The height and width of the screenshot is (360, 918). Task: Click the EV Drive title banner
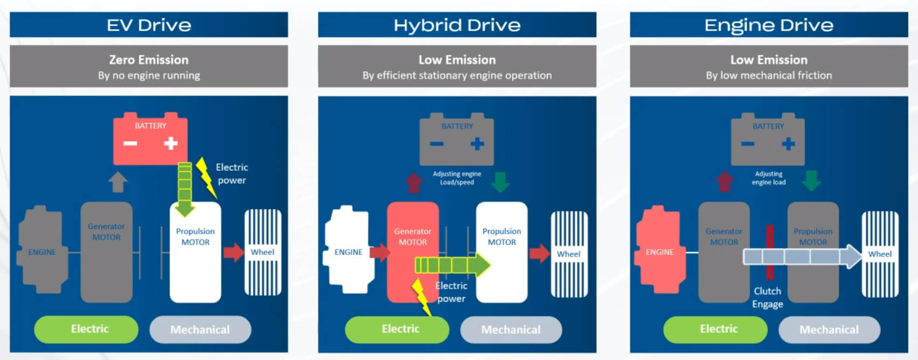149,25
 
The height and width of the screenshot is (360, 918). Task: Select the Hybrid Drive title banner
457,25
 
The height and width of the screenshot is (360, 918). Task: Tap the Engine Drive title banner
769,25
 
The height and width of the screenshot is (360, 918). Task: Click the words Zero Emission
149,59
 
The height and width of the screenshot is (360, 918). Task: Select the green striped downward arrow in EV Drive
185,189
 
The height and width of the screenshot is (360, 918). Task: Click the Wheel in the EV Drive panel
263,252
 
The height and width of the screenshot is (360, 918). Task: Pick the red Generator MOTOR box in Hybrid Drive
412,237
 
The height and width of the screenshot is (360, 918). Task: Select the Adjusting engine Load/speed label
457,178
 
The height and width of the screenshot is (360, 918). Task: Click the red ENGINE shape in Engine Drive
659,251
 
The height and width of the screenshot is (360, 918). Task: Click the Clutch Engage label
768,297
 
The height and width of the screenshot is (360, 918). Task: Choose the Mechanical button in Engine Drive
829,329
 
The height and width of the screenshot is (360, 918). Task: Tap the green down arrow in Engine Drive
811,181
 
